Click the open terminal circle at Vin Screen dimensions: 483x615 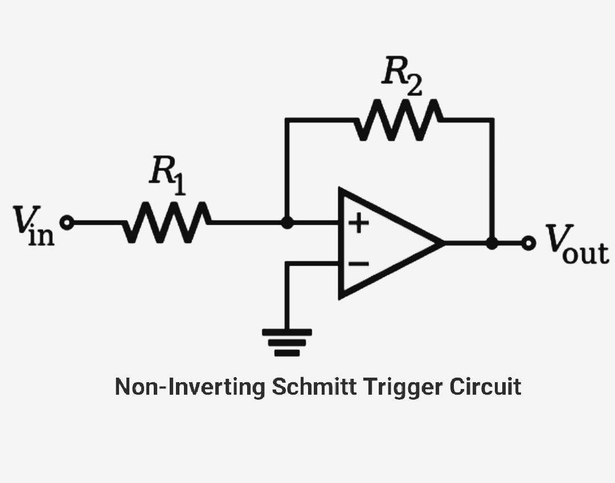point(67,223)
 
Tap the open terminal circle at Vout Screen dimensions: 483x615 point(529,243)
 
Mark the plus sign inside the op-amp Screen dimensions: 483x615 point(358,223)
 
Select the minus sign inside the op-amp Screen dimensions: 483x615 point(358,264)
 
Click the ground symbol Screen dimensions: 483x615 point(287,342)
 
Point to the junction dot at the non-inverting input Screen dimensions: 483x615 point(288,223)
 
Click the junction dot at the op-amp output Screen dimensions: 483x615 point(492,243)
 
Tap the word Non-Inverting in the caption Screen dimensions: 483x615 point(190,387)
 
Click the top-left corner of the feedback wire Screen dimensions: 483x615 point(287,120)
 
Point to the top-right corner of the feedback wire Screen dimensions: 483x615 point(492,120)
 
